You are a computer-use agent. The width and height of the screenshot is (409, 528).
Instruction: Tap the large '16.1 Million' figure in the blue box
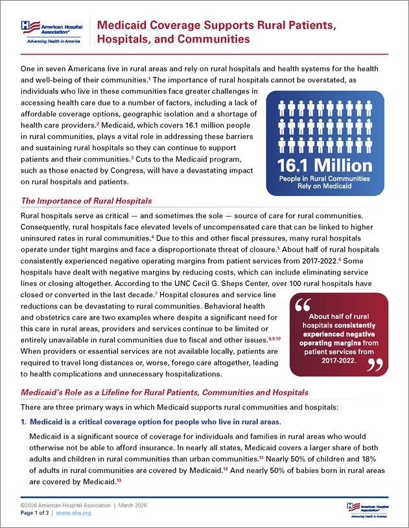(325, 165)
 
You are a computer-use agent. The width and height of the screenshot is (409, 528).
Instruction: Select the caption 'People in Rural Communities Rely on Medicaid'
(325, 182)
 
